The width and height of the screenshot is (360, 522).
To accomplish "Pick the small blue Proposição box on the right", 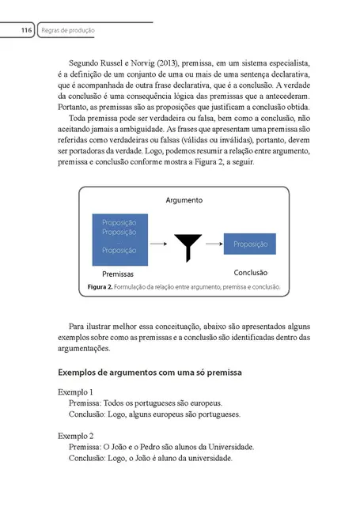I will pos(250,244).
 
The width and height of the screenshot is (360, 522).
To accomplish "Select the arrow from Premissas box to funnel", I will pos(158,244).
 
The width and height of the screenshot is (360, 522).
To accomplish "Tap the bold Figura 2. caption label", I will pos(103,286).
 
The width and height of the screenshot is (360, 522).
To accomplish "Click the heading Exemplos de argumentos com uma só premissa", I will pos(150,372).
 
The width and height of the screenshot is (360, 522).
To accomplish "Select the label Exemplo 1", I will pos(76,392).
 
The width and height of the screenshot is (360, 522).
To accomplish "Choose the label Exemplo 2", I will pos(76,436).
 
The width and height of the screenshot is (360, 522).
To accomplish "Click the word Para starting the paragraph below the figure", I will pos(79,325).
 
